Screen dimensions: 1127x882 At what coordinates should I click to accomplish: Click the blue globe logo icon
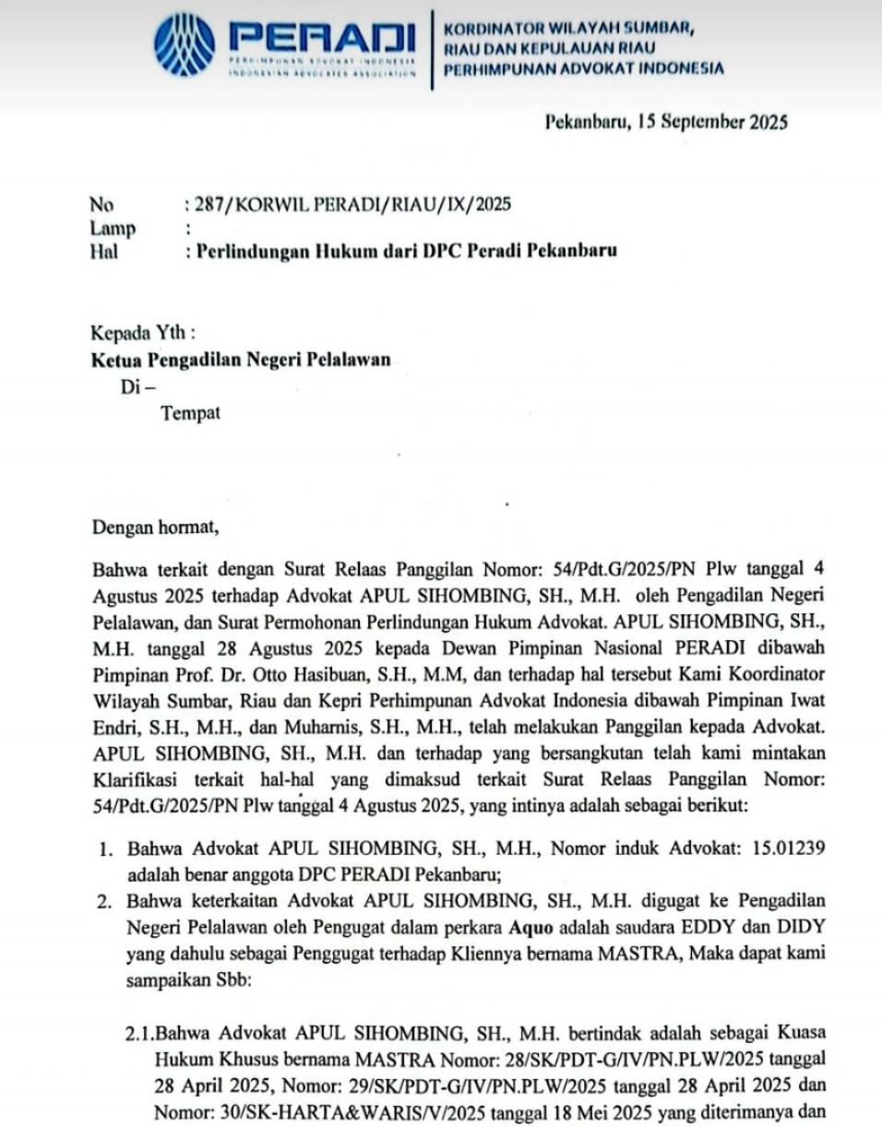[185, 44]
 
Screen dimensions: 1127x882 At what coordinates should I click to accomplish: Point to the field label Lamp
[113, 228]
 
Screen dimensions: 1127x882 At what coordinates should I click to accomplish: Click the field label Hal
[103, 251]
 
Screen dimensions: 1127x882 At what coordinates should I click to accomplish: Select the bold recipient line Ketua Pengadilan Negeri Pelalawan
[240, 361]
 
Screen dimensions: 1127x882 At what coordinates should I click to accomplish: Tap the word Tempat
[191, 413]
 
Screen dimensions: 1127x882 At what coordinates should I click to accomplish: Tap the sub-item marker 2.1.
[138, 1031]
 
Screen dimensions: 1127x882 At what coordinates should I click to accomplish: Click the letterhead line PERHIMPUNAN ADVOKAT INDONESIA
[583, 68]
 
